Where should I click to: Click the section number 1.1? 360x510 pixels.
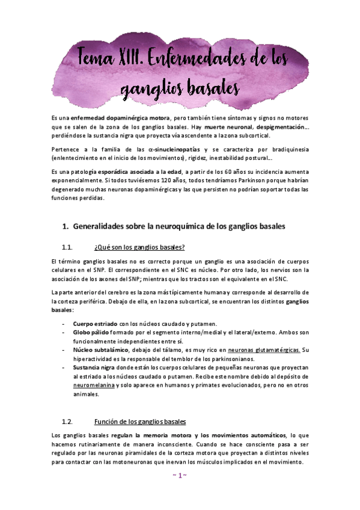click(67, 247)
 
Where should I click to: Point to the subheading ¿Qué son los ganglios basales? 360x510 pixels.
click(139, 247)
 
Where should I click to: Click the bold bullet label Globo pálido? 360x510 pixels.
click(90, 332)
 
